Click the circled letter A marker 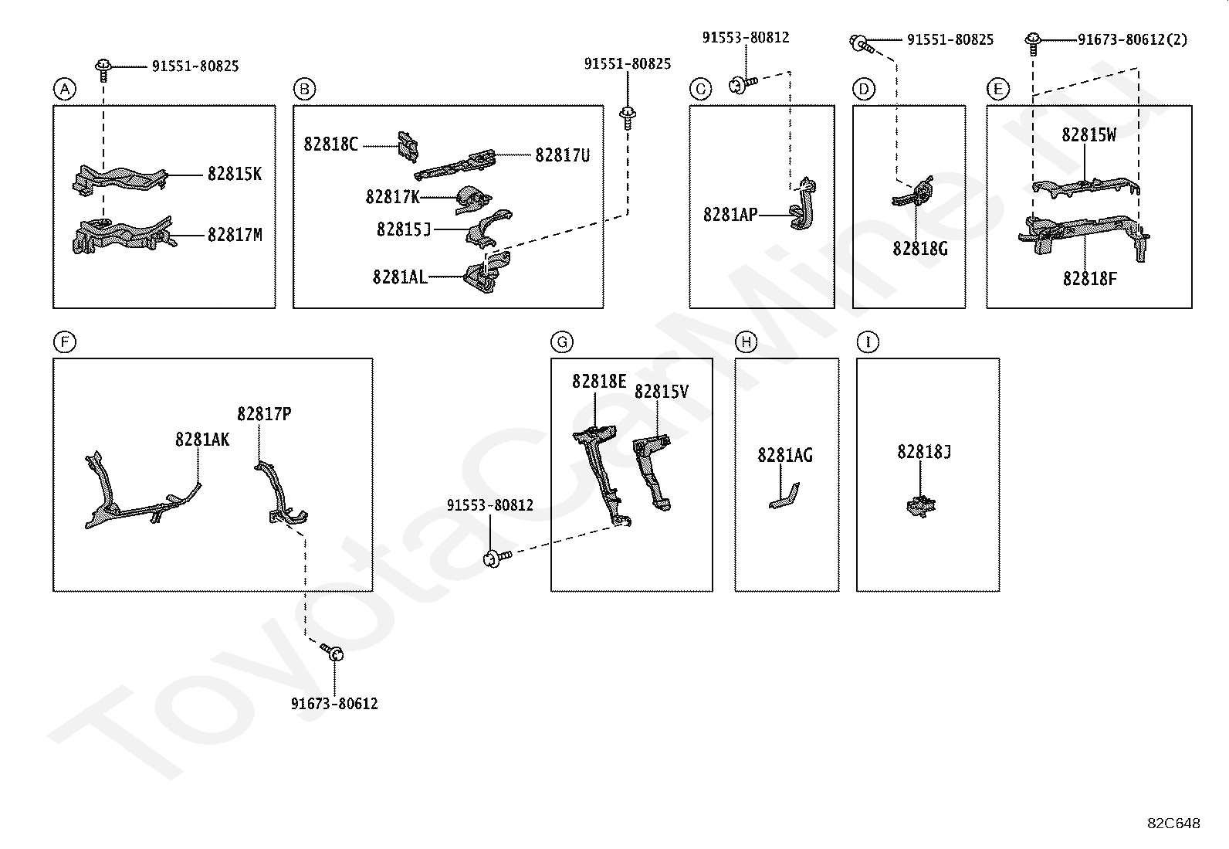[65, 89]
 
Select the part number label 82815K [235, 174]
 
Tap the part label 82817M [235, 235]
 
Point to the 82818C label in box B [331, 144]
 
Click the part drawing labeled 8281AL [486, 273]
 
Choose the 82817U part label [562, 155]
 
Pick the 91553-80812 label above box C [746, 37]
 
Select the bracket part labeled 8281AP [803, 204]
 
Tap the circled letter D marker [864, 89]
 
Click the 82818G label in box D [920, 249]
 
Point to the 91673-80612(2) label [1133, 39]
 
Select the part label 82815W [1088, 134]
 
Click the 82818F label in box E [1089, 279]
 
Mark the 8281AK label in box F [202, 440]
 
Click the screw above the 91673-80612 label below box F [333, 653]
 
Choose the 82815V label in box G [661, 392]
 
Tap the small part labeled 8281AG [784, 496]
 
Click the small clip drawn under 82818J [921, 506]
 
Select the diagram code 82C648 [1173, 824]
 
